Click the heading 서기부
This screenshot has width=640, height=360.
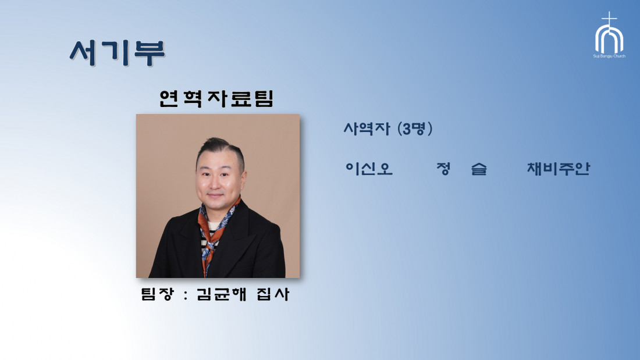point(117,53)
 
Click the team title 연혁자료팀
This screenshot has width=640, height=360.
point(216,98)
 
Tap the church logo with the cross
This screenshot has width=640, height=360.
point(609,35)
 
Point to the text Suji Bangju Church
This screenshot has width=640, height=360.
point(609,56)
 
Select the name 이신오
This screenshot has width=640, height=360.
point(369,169)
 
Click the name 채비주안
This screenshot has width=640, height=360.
point(559,169)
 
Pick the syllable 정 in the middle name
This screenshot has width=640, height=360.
point(443,169)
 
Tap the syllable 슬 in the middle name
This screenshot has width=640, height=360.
point(479,169)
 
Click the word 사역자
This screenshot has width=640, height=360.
point(367,129)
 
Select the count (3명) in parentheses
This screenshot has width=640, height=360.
point(415,129)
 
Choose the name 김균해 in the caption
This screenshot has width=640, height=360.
point(222,294)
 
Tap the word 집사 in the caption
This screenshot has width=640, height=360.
point(273,294)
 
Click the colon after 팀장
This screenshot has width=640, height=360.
point(186,295)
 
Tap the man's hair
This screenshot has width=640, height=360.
point(221,148)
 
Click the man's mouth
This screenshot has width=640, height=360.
point(215,195)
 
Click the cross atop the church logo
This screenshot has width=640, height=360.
point(609,19)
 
